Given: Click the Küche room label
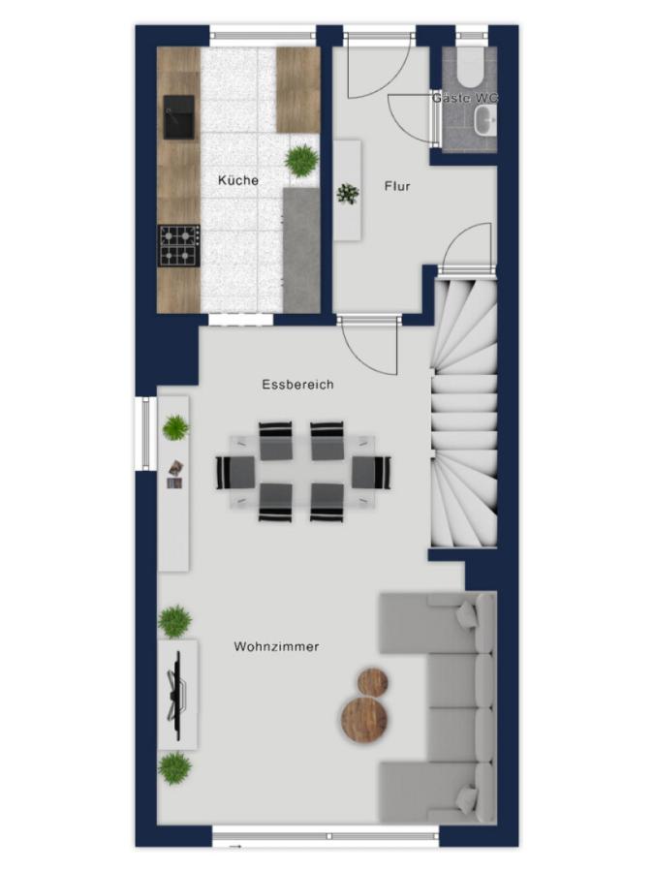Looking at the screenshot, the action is [x=238, y=180].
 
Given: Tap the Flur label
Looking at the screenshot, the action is [x=397, y=186].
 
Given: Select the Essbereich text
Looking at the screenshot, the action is [x=297, y=385].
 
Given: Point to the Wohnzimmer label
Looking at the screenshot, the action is [x=276, y=646].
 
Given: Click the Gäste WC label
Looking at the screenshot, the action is [x=465, y=98].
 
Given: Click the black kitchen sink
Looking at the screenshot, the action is [x=179, y=117].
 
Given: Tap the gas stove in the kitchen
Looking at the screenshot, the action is [x=179, y=245].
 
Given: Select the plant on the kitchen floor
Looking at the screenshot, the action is [x=301, y=161].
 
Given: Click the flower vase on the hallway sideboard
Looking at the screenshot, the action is [x=348, y=194].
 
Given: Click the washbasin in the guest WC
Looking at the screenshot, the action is [x=485, y=120].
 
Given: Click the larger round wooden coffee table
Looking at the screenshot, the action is [x=363, y=719].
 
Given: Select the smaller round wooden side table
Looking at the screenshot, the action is [x=373, y=682].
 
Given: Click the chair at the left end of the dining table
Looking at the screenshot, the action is [x=235, y=473].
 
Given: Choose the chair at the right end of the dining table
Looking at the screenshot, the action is [x=371, y=473].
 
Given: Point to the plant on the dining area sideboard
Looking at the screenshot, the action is [x=175, y=427].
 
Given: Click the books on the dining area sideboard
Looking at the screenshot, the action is [x=175, y=475].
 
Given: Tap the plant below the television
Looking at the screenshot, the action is [x=174, y=767].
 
